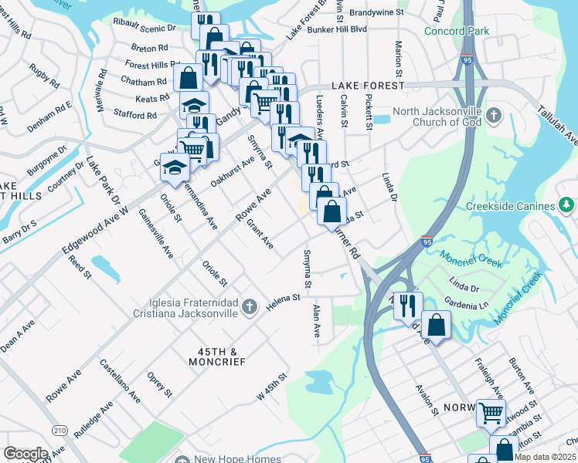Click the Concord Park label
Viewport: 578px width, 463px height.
[x=457, y=31]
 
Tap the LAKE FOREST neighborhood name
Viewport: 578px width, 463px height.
[x=365, y=86]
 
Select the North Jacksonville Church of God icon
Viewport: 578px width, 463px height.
[x=495, y=116]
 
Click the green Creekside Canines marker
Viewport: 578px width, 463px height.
[x=567, y=205]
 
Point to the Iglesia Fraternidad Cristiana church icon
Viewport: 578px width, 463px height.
[x=249, y=307]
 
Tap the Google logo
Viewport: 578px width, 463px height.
[x=25, y=454]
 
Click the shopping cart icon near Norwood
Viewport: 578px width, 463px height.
[x=491, y=413]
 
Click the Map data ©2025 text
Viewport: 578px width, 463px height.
[x=546, y=457]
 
